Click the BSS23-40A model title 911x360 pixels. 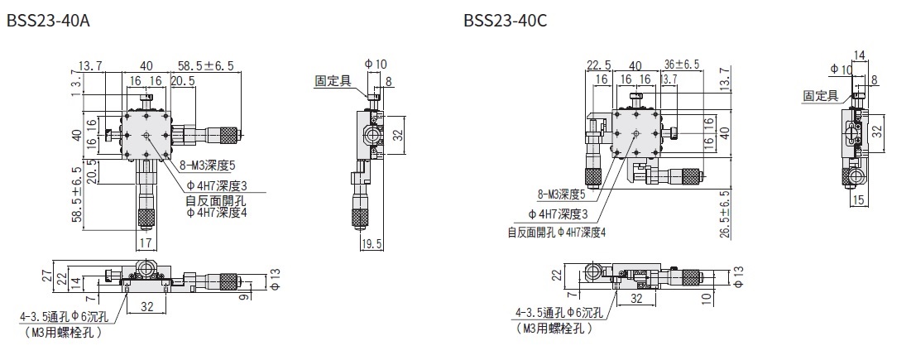47,19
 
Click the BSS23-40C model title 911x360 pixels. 505,19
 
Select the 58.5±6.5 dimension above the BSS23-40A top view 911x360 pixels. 205,66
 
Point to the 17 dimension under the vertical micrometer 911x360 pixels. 146,243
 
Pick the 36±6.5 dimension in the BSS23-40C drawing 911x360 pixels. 682,64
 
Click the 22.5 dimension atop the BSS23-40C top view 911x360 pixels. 598,65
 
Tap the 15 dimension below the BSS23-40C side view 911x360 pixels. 858,199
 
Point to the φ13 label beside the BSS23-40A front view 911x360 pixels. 276,276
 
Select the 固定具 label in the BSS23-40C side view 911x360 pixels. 821,96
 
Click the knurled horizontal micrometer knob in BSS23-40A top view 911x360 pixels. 224,132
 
